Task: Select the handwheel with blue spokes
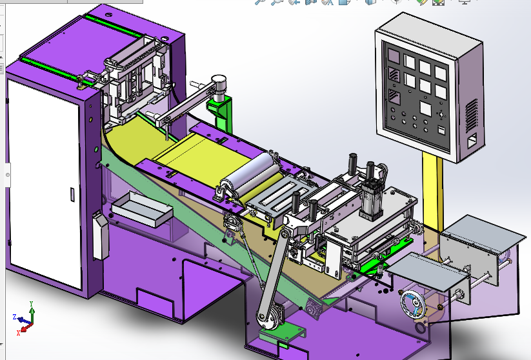(411, 305)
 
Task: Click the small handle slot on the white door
(70, 192)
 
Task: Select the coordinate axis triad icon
(25, 316)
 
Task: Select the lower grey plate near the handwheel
(429, 271)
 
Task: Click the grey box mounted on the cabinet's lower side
(99, 235)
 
